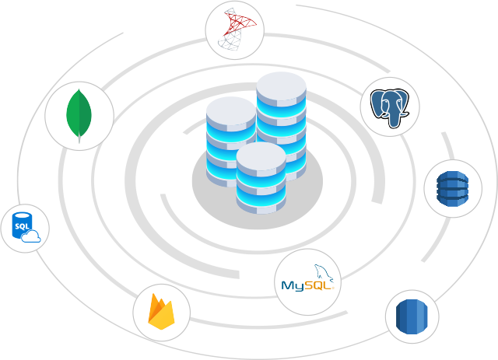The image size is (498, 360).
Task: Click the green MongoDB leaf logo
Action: (79, 115)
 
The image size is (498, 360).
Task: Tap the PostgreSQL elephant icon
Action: (390, 107)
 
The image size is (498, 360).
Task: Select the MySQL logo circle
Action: (308, 281)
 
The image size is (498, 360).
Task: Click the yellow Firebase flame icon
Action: (162, 313)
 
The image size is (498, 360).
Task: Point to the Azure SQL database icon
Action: (25, 228)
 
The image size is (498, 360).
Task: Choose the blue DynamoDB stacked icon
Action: (452, 188)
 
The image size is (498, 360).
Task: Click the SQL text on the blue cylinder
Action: (21, 225)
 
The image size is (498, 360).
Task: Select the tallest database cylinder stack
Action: (281, 124)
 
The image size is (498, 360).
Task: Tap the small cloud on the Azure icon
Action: (32, 237)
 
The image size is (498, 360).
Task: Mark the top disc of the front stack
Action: (261, 153)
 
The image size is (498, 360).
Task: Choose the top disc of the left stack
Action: (231, 108)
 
